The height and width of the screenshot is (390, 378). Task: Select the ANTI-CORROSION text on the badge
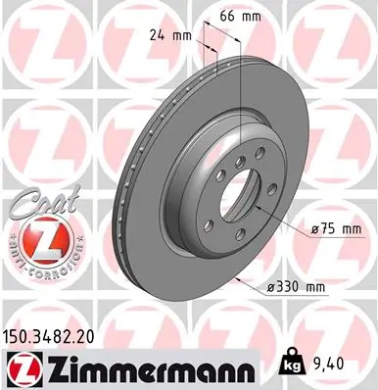(x=36, y=260)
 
